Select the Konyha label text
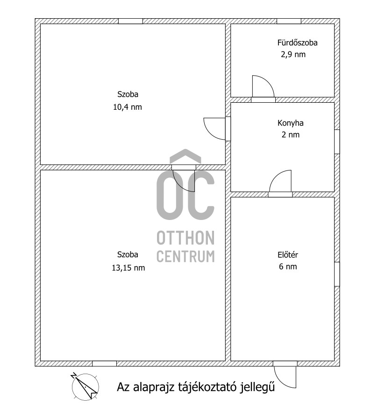290,124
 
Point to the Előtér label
288,255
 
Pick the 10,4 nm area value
127,106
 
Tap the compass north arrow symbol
85,386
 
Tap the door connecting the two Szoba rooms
184,178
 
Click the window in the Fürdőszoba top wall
289,21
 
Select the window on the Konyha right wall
337,142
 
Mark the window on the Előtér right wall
337,274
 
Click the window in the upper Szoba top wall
130,21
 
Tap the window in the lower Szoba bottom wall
104,363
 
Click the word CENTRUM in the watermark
185,256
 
